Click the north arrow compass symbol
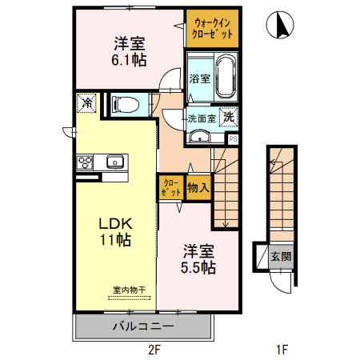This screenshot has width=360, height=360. [x=281, y=26]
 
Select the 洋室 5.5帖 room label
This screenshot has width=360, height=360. [x=198, y=258]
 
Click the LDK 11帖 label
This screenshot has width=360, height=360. [x=114, y=230]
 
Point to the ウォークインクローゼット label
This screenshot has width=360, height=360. [x=213, y=28]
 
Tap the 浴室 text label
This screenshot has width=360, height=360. [x=199, y=78]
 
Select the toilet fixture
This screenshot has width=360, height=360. [x=127, y=104]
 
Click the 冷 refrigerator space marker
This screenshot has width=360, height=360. [x=86, y=102]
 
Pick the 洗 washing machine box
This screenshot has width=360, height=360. [x=228, y=117]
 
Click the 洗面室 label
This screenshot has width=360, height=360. [x=202, y=118]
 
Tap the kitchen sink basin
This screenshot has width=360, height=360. [x=114, y=162]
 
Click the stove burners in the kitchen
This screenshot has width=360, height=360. [x=86, y=162]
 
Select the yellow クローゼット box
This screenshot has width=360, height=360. [x=170, y=188]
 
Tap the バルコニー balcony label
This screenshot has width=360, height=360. [x=143, y=326]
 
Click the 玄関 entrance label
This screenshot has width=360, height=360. [x=280, y=257]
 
